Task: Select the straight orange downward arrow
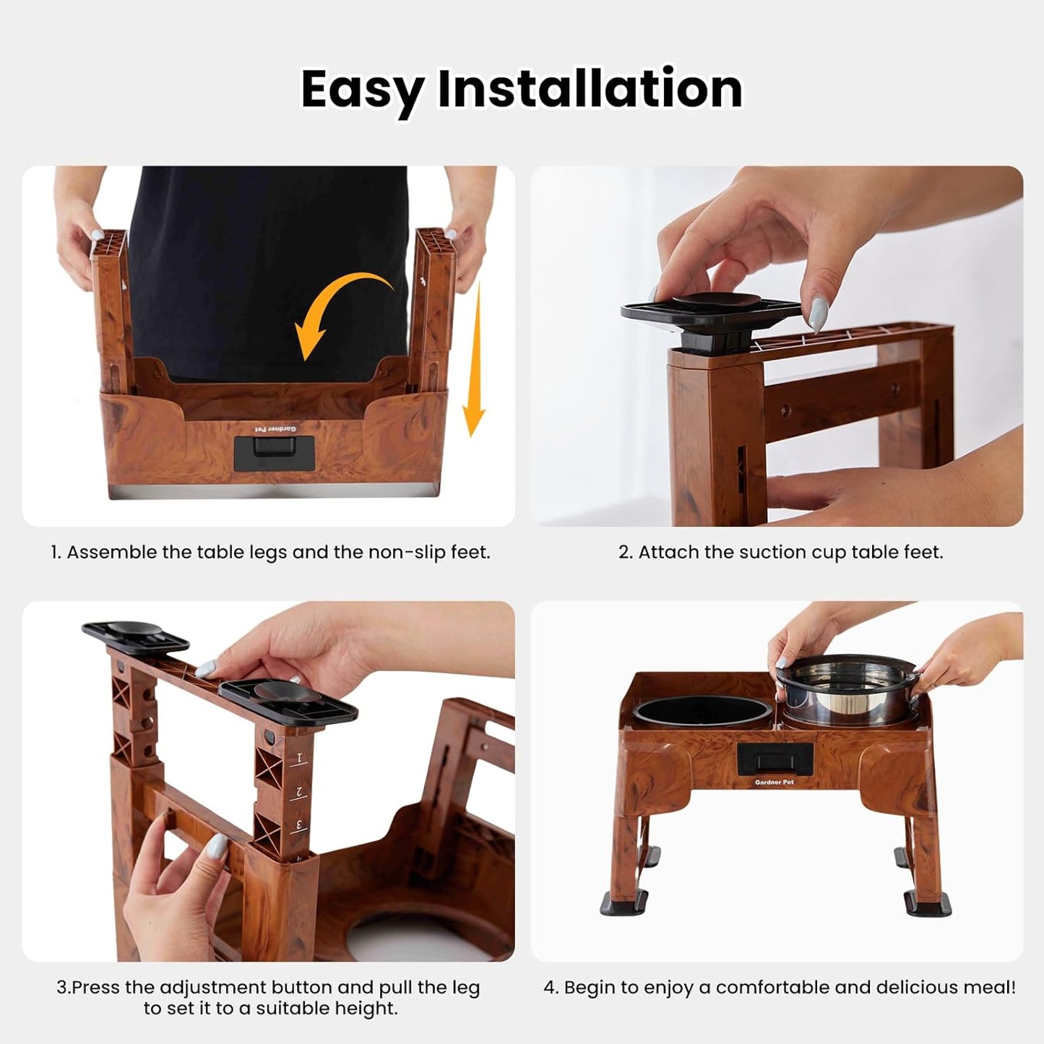(x=475, y=361)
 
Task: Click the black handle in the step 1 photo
(x=274, y=454)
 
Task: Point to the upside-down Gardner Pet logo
(x=274, y=429)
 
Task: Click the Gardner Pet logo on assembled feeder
(x=774, y=782)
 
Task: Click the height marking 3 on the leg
(x=298, y=824)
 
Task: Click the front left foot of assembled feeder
(x=624, y=902)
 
